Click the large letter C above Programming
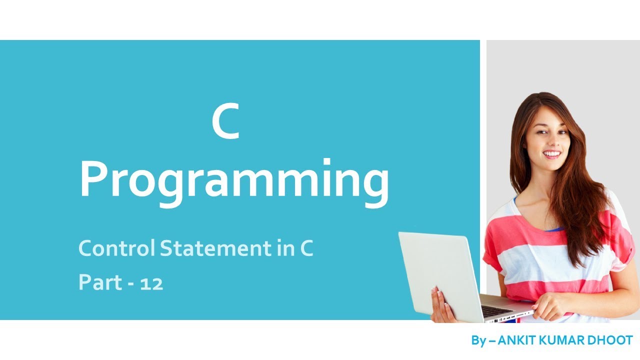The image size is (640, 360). pos(225,123)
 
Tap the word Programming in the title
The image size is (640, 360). pos(234,180)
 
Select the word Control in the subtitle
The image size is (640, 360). pos(117,248)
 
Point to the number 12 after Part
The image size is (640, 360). pos(151,284)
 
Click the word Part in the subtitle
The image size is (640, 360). pos(100,283)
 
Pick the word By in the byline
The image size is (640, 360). pos(478,340)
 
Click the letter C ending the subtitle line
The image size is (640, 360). pos(306,248)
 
